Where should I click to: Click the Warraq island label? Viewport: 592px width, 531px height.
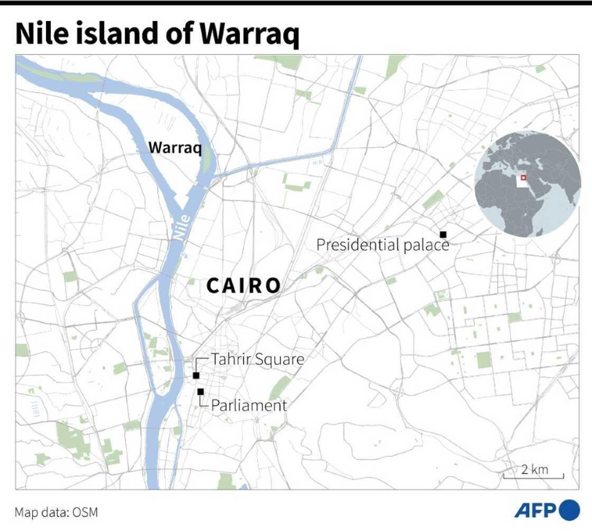coord(175,148)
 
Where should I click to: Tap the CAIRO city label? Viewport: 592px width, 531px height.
coord(244,286)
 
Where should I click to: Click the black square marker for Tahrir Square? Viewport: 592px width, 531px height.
coord(196,375)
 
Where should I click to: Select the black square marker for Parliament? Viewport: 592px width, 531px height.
coord(200,392)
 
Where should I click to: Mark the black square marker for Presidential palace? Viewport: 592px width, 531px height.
coord(443,234)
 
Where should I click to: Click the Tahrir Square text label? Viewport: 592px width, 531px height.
coord(258,359)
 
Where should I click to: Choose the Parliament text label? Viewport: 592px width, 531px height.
coord(249,405)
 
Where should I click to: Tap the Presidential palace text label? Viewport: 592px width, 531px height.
coord(383,245)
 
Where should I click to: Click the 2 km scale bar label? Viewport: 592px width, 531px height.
coord(535,469)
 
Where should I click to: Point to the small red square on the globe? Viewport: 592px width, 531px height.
coord(523,178)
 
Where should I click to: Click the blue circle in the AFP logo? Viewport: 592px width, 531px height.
coord(569,510)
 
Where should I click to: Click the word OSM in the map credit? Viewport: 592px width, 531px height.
coord(86,513)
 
